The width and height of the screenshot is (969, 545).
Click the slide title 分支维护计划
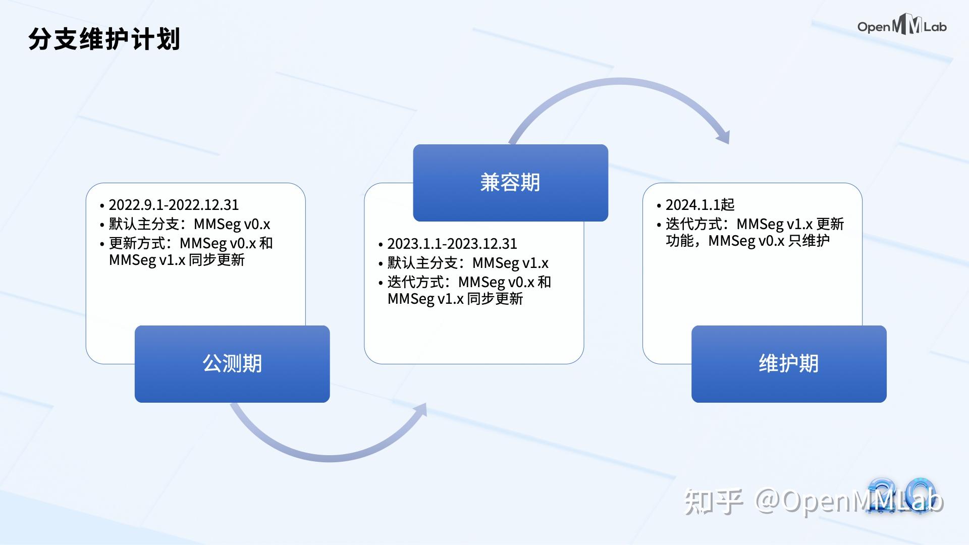click(104, 39)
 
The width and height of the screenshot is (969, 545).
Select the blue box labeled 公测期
click(232, 364)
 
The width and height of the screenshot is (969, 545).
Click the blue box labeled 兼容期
click(510, 183)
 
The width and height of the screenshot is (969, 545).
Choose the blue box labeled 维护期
click(789, 364)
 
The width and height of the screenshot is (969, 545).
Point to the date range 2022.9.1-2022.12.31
click(174, 205)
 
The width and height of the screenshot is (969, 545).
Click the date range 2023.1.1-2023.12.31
click(452, 244)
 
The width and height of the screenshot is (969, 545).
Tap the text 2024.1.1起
click(700, 205)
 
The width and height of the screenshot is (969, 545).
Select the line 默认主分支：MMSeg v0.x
click(190, 224)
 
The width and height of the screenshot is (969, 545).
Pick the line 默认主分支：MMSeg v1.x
click(468, 263)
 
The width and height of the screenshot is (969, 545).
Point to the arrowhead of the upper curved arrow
click(724, 135)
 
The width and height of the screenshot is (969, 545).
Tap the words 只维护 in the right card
click(809, 241)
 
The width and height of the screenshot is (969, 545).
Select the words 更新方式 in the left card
click(137, 243)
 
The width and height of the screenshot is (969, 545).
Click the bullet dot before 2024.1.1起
click(659, 206)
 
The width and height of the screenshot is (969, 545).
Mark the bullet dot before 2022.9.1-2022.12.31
click(102, 206)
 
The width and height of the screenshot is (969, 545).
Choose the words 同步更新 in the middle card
click(495, 299)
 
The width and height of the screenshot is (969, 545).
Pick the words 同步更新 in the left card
click(217, 260)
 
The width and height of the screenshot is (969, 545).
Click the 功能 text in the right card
click(679, 241)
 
